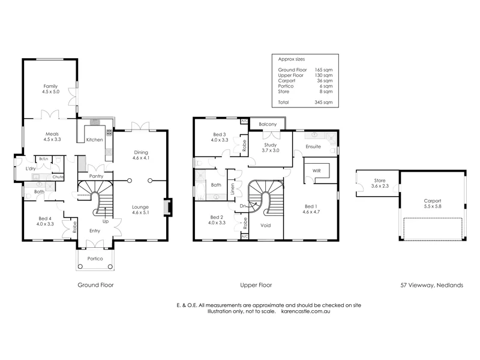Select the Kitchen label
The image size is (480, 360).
(x=94, y=140)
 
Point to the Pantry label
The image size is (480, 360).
(x=96, y=176)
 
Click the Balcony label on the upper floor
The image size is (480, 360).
(x=268, y=124)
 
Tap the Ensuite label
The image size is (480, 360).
(x=313, y=146)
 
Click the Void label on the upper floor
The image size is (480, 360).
(x=265, y=226)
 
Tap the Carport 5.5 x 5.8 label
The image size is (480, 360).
(x=433, y=203)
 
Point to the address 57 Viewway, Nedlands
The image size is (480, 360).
(x=431, y=286)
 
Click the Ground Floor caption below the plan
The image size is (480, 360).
(x=95, y=286)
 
